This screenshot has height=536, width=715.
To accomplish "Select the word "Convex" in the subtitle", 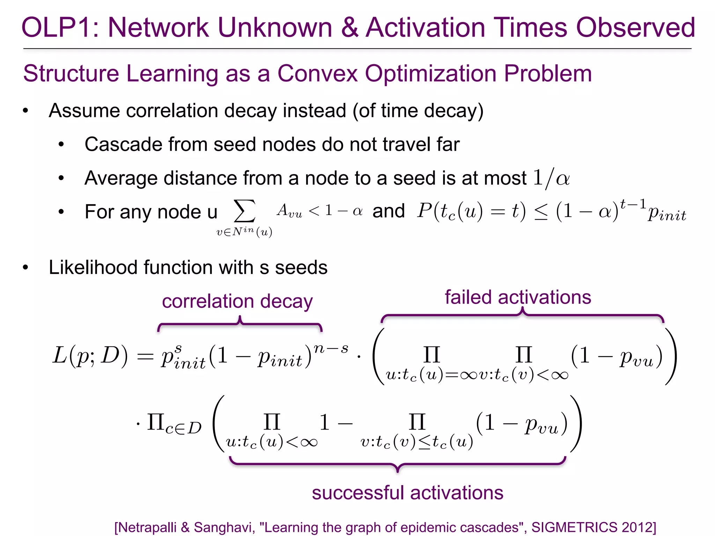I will click(x=317, y=74).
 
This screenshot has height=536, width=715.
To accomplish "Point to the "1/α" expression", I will click(x=551, y=178).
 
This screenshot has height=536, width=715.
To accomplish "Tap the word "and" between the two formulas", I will click(x=388, y=211).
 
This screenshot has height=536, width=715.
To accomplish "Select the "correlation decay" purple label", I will click(x=237, y=301).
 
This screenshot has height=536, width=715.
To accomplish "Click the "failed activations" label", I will click(x=518, y=297).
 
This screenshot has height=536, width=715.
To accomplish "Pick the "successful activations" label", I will click(x=407, y=493).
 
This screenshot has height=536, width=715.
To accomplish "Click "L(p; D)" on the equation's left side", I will click(x=90, y=356).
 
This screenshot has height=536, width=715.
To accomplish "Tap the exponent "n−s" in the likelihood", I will click(x=331, y=348).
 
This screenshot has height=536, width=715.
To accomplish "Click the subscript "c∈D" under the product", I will click(x=183, y=427).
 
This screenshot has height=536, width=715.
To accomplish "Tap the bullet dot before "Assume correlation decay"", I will click(x=25, y=111).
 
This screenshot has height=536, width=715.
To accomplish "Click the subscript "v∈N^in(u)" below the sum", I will click(x=244, y=232).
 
